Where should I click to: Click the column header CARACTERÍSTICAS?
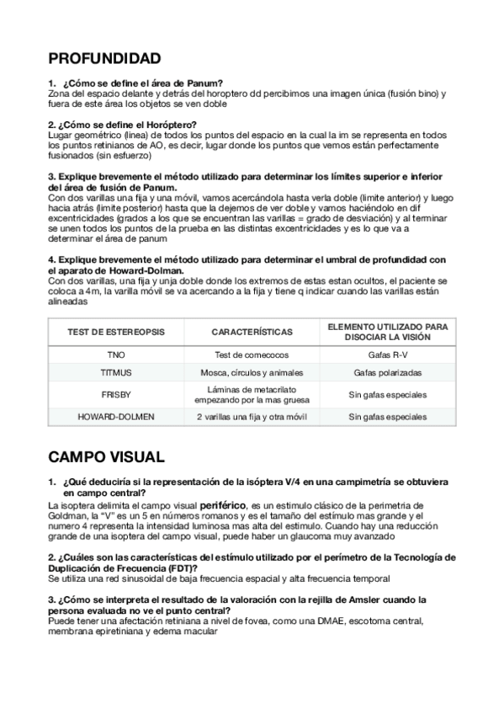[x=252, y=332]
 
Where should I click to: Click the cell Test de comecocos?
[x=252, y=354]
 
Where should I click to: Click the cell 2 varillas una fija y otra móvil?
[x=252, y=417]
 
